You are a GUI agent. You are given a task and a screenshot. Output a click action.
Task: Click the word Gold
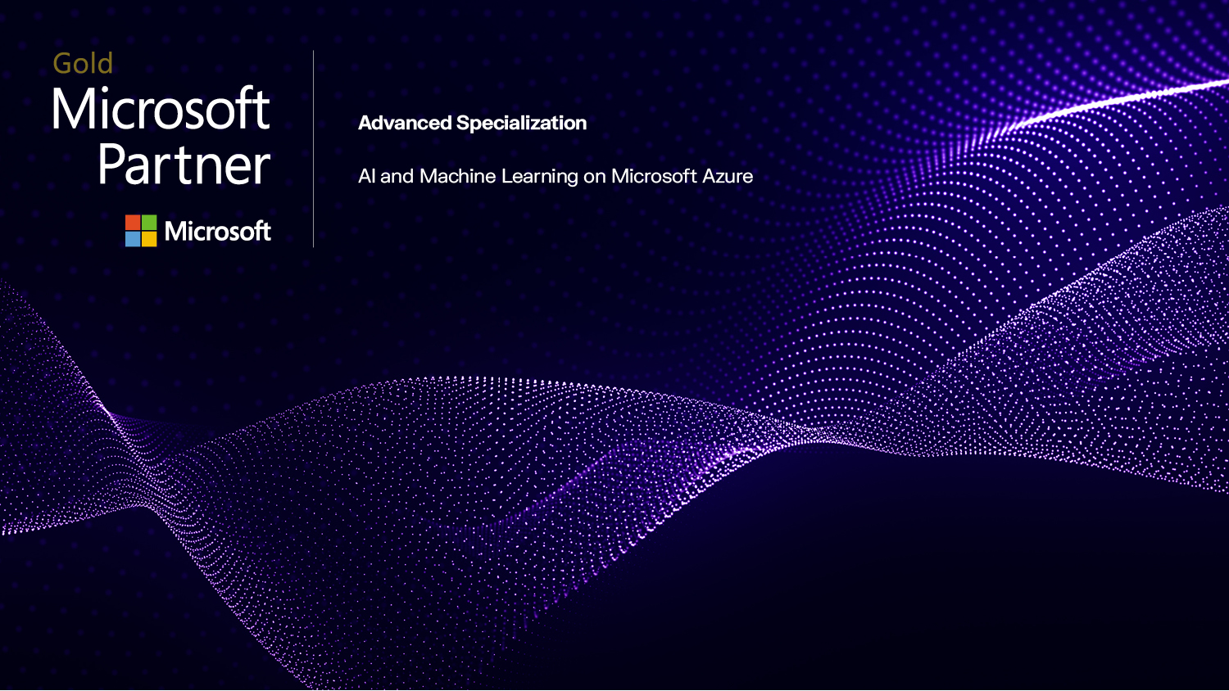point(83,64)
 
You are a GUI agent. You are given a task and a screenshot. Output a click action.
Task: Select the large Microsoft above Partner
point(161,110)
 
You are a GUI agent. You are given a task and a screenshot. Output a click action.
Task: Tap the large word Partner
point(184,165)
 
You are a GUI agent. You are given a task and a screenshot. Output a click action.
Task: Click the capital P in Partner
point(112,165)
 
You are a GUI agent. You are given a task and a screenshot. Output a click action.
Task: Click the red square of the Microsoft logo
point(133,223)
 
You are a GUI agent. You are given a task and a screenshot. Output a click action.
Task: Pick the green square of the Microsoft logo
point(148,223)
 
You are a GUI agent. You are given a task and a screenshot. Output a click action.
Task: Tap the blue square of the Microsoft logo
point(133,239)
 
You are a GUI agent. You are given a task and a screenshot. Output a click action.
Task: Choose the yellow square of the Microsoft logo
point(148,239)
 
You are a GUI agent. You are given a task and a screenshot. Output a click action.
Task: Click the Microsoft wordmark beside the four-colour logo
point(217,232)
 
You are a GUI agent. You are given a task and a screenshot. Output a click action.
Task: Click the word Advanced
point(405,124)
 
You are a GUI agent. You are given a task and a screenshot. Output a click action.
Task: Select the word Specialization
point(521,124)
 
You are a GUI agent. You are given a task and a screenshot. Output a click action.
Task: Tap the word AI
point(366,176)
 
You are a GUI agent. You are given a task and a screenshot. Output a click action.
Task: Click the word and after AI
point(397,176)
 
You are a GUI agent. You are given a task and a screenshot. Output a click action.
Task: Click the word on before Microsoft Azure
point(594,177)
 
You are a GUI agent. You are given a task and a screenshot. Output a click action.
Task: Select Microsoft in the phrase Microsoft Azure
point(654,176)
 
